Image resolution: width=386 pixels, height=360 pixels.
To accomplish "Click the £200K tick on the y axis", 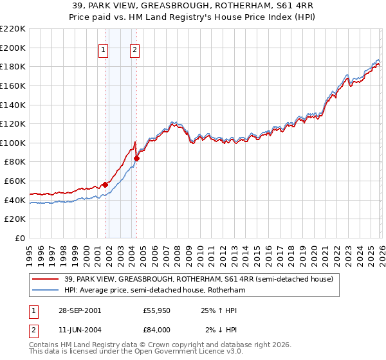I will pyautogui.click(x=13, y=48).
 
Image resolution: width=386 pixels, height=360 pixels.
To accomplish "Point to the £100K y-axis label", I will pyautogui.click(x=13, y=143).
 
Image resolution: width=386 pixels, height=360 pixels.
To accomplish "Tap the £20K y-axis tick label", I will pyautogui.click(x=15, y=219).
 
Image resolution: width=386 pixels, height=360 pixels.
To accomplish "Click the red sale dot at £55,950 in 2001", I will pyautogui.click(x=106, y=185).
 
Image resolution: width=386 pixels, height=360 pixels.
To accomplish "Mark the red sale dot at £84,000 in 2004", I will pyautogui.click(x=136, y=158).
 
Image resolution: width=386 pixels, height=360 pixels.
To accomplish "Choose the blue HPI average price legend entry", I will pyautogui.click(x=154, y=291).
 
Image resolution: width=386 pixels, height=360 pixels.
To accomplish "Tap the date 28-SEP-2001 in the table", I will pyautogui.click(x=78, y=310).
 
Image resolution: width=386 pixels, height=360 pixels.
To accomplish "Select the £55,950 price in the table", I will pyautogui.click(x=156, y=310).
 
